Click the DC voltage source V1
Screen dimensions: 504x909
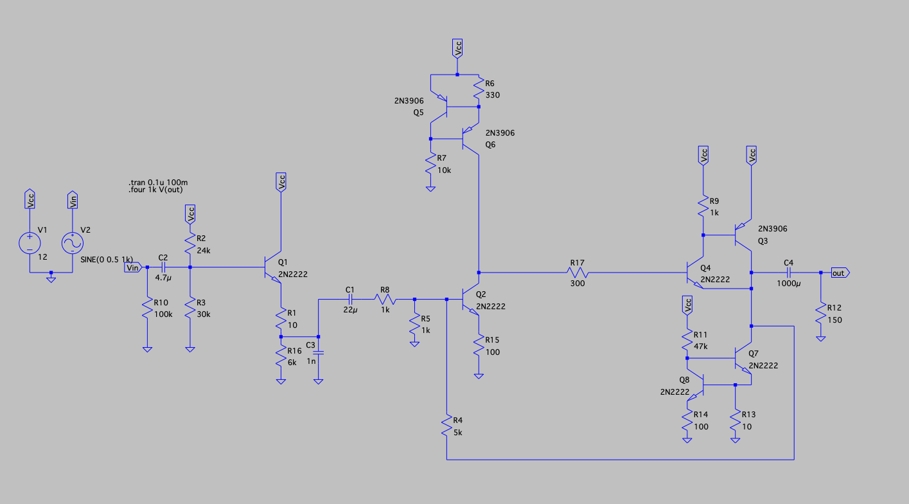point(30,243)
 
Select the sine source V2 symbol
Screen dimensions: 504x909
point(73,243)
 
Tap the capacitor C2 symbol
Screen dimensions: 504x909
point(163,267)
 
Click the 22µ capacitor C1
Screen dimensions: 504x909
point(350,299)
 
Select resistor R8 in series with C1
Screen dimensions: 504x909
point(385,299)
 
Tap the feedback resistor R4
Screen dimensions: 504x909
point(446,426)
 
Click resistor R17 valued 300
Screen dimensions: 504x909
point(577,273)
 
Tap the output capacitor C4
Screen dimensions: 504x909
point(788,273)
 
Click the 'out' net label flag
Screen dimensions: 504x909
point(839,273)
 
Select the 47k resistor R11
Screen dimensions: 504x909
point(687,340)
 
